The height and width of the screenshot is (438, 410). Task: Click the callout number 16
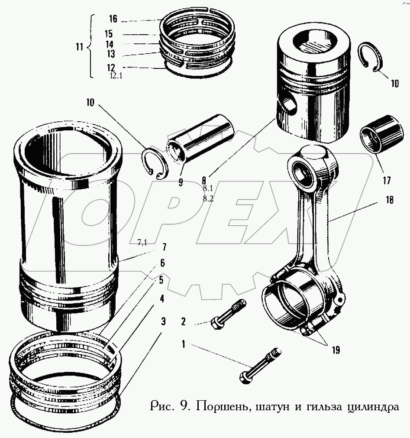[x=113, y=19]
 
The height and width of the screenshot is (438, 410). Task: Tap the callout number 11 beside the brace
[x=79, y=47]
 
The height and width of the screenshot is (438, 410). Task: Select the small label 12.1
[x=116, y=76]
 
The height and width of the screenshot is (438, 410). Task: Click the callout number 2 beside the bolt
[x=184, y=321]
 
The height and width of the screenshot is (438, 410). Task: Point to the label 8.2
[x=207, y=198]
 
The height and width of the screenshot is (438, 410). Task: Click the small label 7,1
[x=142, y=243]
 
